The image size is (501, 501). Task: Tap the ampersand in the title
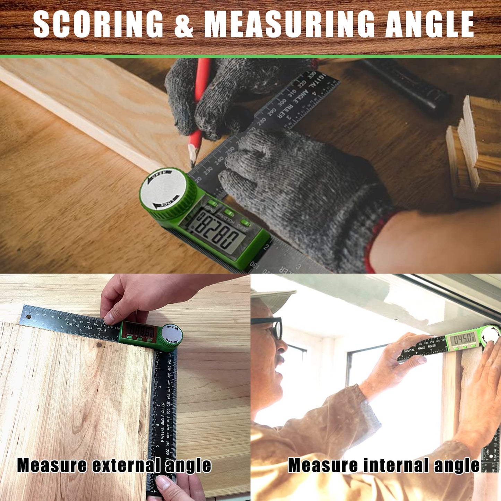pyautogui.click(x=183, y=24)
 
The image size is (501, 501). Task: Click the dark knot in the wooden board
pyautogui.click(x=100, y=345)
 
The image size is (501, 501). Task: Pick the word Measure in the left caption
pyautogui.click(x=52, y=465)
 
